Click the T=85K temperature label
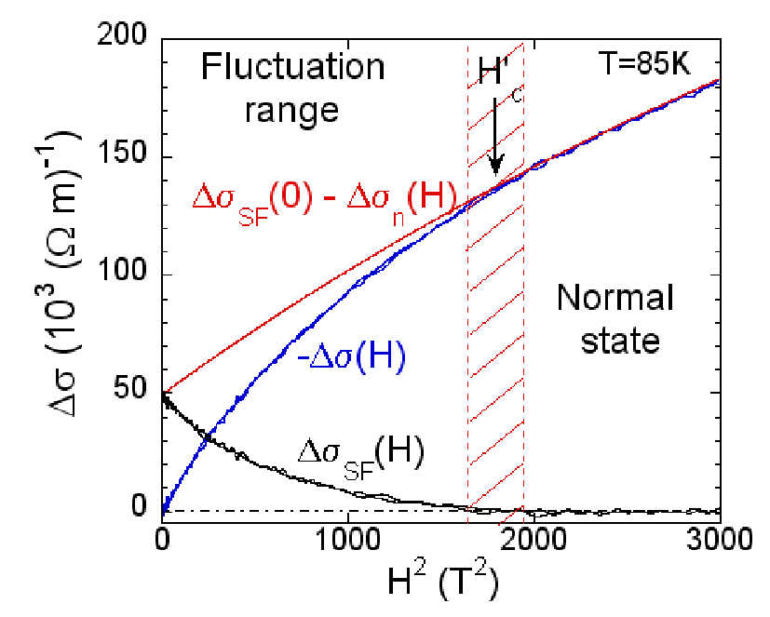(x=644, y=63)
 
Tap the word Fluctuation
(x=292, y=67)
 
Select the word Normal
(x=615, y=298)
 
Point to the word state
(x=620, y=341)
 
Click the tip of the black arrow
(x=496, y=175)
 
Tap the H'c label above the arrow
(x=498, y=77)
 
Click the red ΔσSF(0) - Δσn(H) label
(x=325, y=202)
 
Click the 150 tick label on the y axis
(x=121, y=156)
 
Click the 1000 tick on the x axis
(x=347, y=540)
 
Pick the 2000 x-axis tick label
(x=534, y=540)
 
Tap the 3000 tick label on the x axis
(x=720, y=540)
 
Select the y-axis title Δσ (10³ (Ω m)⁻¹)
(x=63, y=275)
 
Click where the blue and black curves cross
(x=209, y=436)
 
